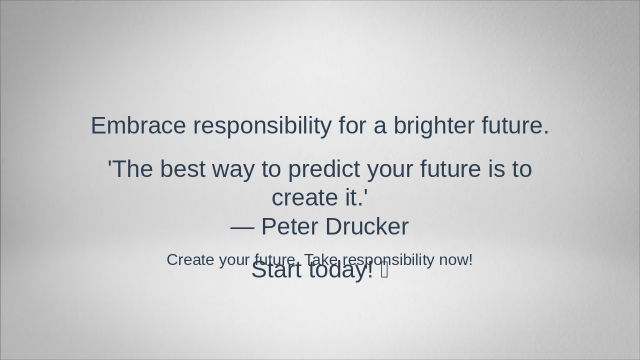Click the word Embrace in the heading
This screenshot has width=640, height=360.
[138, 125]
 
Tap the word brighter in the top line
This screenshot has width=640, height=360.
[433, 125]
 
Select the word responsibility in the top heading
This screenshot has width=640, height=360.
[262, 125]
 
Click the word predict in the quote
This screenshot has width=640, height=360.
[324, 169]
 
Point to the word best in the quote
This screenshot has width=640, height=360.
[182, 169]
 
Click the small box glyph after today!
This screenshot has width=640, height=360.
[384, 270]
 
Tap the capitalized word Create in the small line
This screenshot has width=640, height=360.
[190, 260]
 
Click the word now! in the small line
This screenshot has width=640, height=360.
[455, 260]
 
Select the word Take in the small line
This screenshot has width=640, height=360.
[321, 260]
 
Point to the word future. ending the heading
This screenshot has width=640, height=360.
[515, 125]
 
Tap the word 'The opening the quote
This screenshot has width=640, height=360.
[130, 169]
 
